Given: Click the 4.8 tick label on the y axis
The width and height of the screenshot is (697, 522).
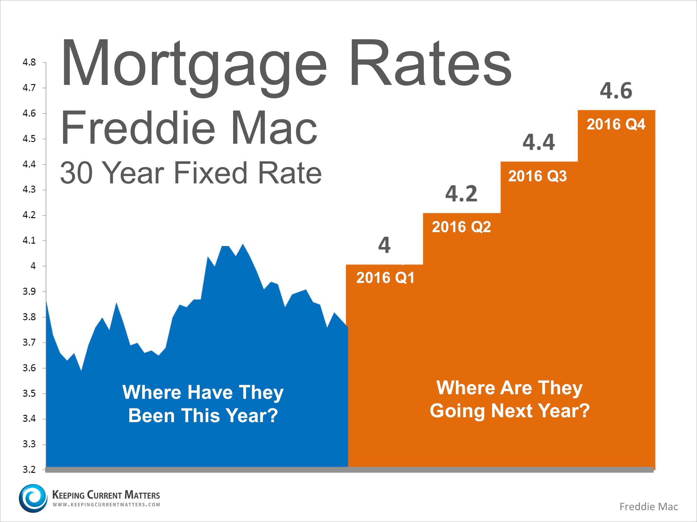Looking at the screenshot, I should tap(29, 62).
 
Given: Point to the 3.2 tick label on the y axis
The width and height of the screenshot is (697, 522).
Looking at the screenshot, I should tap(29, 469).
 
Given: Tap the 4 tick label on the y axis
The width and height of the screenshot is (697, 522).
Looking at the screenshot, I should tap(33, 266).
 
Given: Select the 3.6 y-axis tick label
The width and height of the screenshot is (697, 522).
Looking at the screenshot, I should tap(29, 368).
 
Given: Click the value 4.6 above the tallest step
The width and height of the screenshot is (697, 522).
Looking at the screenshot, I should tap(616, 91).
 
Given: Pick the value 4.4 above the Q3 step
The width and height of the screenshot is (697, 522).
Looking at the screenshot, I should tap(538, 142).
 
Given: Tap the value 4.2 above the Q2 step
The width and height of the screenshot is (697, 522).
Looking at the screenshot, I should tap(461, 194).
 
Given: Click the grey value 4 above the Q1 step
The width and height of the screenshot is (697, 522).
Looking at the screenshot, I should tap(384, 245).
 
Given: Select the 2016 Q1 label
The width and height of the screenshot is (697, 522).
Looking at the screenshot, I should tap(385, 278).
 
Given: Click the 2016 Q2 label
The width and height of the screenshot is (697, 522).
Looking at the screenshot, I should tap(461, 227).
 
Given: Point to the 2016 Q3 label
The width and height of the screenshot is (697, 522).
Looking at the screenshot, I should tap(537, 176).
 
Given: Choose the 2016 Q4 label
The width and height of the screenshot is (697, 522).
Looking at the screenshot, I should tap(616, 124).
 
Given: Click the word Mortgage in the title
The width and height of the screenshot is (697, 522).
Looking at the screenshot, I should tap(193, 64).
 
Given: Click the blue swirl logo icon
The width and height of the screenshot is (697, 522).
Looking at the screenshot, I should tap(33, 498).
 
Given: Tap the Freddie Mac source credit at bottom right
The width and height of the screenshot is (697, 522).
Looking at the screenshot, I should tap(649, 507).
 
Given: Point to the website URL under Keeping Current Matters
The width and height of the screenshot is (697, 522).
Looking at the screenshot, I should tap(106, 505).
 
